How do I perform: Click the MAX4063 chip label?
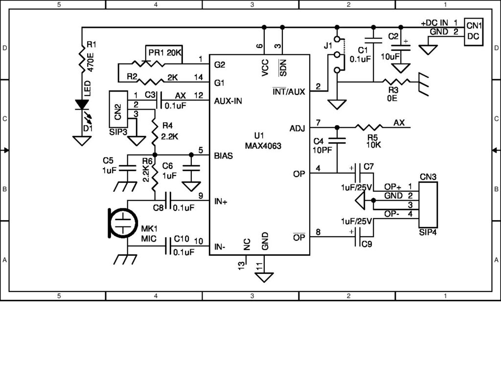(263, 145)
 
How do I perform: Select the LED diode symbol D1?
(81, 104)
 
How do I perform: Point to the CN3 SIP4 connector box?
(428, 205)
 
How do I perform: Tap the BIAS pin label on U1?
(223, 156)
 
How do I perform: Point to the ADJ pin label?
(297, 128)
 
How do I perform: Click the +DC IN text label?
(434, 23)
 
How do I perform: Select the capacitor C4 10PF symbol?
(337, 140)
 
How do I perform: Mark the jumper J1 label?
(327, 46)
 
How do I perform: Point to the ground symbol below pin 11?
(265, 277)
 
